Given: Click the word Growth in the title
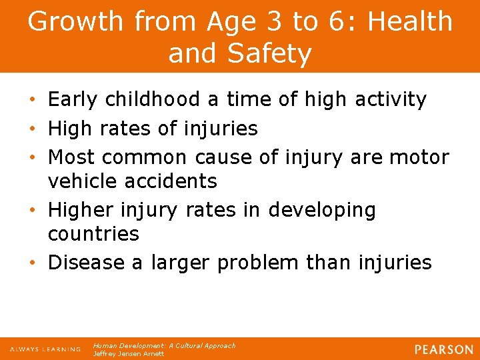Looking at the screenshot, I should tap(75, 21).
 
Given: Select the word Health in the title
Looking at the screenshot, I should tap(410, 21).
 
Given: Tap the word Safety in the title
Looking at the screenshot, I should tap(274, 53).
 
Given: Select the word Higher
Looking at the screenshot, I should tap(81, 210).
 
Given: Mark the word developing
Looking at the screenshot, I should tap(322, 211).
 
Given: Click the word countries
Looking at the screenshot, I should tap(93, 233).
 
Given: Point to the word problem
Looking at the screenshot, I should tap(258, 263).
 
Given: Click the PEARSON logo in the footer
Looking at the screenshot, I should tap(443, 349).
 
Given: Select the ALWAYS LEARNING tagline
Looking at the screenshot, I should tap(45, 349).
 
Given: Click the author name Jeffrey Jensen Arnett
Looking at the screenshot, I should tap(129, 354).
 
